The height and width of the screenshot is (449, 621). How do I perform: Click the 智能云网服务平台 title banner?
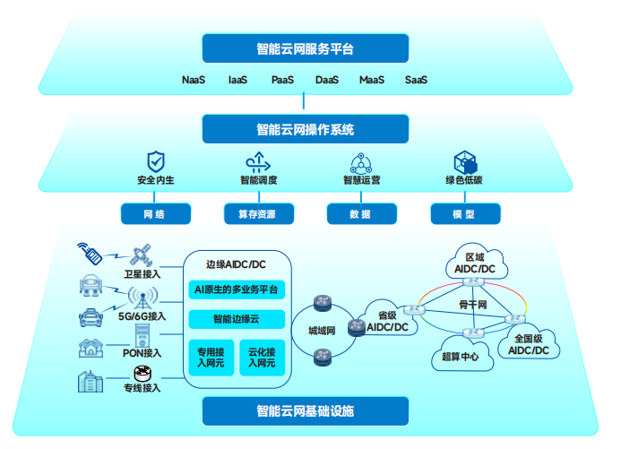pyautogui.click(x=305, y=49)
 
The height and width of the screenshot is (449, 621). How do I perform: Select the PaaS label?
pyautogui.click(x=283, y=81)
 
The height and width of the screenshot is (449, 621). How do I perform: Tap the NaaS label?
pyautogui.click(x=194, y=81)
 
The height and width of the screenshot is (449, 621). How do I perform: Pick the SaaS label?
pyautogui.click(x=416, y=81)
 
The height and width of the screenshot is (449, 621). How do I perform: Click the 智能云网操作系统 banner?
pyautogui.click(x=305, y=130)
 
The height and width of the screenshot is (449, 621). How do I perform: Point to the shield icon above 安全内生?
pyautogui.click(x=156, y=161)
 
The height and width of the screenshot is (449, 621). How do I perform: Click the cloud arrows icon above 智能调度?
pyautogui.click(x=258, y=162)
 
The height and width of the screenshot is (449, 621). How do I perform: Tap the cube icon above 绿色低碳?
pyautogui.click(x=464, y=162)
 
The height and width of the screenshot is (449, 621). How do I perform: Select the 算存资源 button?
pyautogui.click(x=258, y=215)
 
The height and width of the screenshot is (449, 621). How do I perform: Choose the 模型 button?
pyautogui.click(x=464, y=215)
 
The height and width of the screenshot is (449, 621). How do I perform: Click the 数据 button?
pyautogui.click(x=360, y=215)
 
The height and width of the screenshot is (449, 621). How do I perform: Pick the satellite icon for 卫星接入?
pyautogui.click(x=141, y=255)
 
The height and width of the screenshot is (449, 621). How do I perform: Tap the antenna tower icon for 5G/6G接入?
pyautogui.click(x=140, y=298)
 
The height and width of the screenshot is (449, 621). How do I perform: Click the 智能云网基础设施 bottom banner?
pyautogui.click(x=305, y=411)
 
